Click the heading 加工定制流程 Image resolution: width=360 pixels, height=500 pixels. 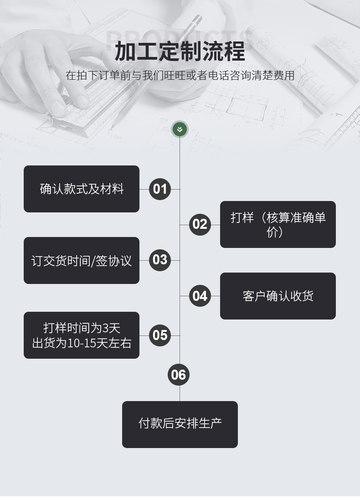pos(180,51)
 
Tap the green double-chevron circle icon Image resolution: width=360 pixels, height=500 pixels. pos(180,129)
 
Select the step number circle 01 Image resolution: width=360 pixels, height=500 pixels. pos(160,189)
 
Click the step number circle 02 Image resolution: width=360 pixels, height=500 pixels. pos(200,224)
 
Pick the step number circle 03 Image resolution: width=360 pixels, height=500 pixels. pos(160,260)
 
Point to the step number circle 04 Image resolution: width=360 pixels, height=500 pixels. pos(200,296)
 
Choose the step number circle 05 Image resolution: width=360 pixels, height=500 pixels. pos(160,335)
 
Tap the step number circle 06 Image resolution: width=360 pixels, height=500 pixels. pos(179,375)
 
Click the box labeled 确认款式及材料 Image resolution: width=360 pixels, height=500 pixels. pos(82,189)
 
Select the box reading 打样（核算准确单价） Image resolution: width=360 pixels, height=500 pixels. pos(278,224)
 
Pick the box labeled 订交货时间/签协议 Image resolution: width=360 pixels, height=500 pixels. pos(82,260)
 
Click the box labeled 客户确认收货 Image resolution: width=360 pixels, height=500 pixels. pos(278,296)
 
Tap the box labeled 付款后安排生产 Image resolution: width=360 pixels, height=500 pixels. pos(180,424)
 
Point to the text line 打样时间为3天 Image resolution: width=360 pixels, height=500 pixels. pos(82,328)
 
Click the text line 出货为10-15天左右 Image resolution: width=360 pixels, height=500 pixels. pos(82,343)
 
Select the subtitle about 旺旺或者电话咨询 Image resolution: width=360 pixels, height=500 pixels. pos(180,75)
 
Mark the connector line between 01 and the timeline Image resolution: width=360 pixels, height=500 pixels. pos(175,189)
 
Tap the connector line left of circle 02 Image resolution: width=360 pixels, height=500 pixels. pos(184,225)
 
